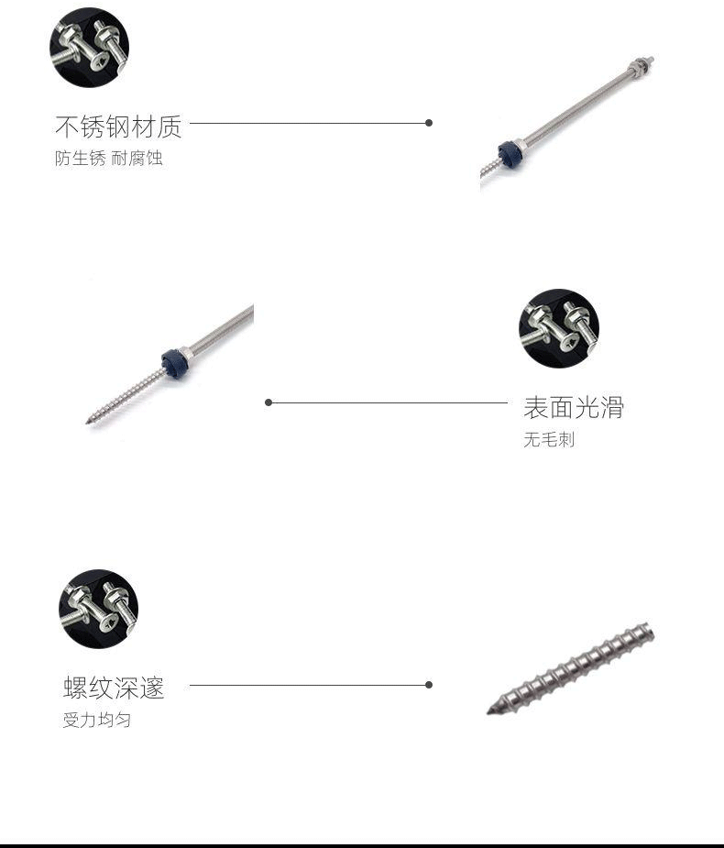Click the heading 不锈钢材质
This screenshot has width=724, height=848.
(x=118, y=126)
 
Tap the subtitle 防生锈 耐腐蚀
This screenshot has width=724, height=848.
(x=108, y=159)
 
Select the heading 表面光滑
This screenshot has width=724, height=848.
(x=573, y=407)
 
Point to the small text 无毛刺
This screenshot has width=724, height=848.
(x=548, y=440)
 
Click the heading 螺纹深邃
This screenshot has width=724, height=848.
(x=114, y=688)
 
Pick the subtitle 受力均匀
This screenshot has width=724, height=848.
(x=96, y=720)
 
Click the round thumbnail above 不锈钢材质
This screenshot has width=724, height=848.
(x=89, y=48)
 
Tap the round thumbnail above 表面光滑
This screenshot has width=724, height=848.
(x=558, y=329)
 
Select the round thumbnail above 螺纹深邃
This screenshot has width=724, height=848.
(x=98, y=609)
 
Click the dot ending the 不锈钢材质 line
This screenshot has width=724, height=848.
(x=429, y=123)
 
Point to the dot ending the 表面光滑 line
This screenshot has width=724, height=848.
(x=269, y=402)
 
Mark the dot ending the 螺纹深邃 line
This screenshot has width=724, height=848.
(x=429, y=685)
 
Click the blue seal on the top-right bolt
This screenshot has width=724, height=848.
(x=508, y=151)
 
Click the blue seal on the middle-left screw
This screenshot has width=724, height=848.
(x=174, y=361)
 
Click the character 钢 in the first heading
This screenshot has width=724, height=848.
(x=117, y=126)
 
